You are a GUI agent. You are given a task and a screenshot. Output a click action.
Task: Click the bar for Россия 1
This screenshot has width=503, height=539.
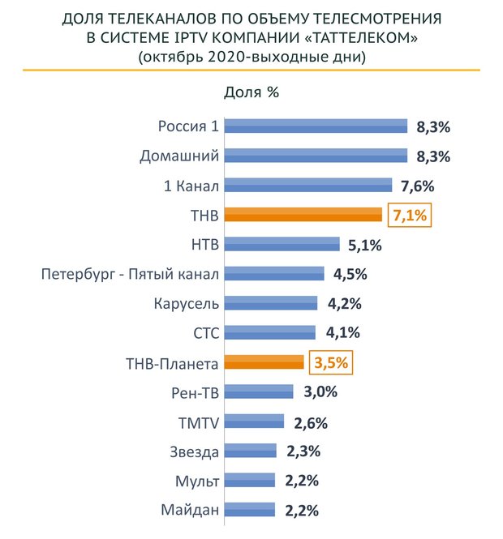coord(315,126)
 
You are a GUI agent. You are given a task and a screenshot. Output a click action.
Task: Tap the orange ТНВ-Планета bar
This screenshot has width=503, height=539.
coord(264,362)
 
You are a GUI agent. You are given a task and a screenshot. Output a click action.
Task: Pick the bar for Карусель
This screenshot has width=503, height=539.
coord(270,303)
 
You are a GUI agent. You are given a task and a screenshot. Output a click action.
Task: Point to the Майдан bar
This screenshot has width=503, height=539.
coord(249,510)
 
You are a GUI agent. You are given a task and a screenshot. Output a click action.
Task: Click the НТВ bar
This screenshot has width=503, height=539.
coord(282,244)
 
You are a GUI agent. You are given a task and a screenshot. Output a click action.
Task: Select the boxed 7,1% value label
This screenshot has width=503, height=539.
coord(409,215)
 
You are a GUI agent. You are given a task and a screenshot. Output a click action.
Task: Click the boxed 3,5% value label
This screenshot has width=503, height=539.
coord(331,362)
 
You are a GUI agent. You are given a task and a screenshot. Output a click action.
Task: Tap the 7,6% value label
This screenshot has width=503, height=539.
coord(418,185)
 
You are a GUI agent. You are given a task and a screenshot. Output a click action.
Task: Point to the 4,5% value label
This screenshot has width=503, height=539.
coord(350,274)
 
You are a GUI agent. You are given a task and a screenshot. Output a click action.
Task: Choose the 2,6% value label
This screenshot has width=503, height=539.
coord(311,421)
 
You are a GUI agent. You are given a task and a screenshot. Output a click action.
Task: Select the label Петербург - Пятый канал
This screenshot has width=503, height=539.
coord(130,274)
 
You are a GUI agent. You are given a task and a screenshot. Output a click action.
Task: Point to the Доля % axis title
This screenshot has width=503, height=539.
coord(251,92)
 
